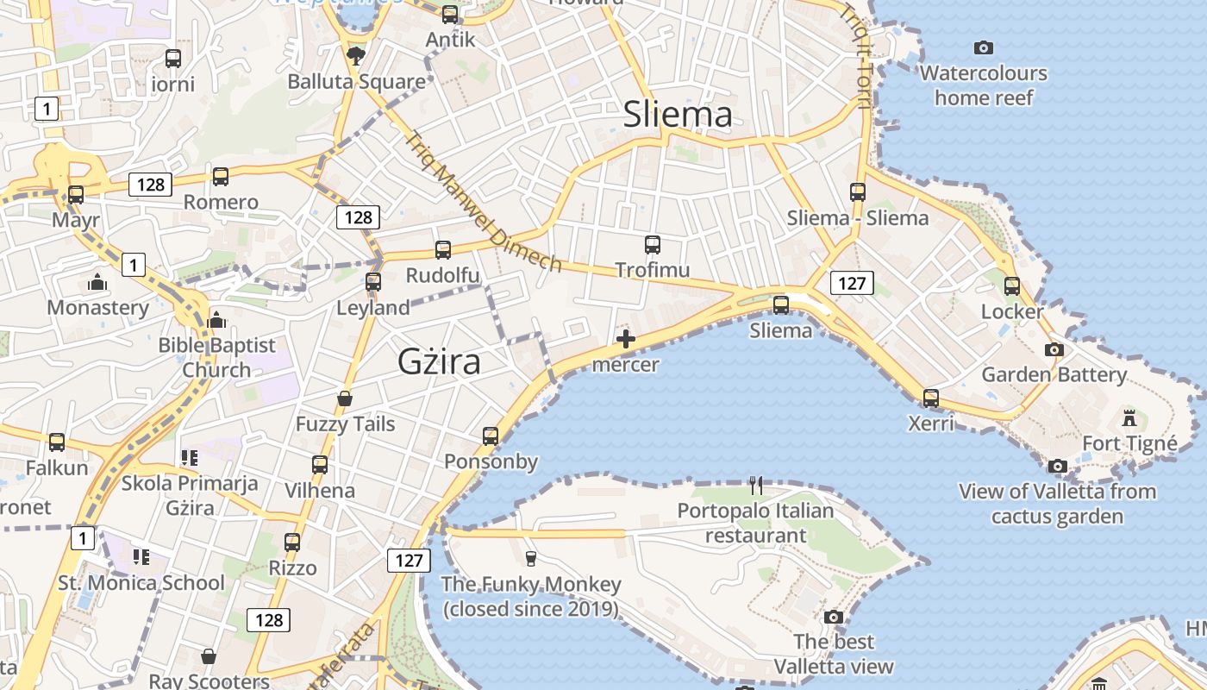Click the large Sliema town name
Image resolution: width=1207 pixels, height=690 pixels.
click(678, 115)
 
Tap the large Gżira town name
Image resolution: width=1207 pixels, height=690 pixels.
click(439, 362)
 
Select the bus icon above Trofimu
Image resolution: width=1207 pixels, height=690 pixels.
click(653, 245)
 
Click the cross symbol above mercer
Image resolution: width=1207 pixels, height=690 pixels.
click(626, 340)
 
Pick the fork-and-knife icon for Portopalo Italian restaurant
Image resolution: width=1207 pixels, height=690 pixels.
click(756, 485)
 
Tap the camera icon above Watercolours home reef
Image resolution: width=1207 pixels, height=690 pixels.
click(983, 48)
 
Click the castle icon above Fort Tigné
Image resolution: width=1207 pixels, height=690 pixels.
click(1129, 419)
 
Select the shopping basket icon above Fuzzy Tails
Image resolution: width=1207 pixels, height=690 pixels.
click(345, 398)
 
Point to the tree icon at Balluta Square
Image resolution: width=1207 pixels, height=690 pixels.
click(355, 56)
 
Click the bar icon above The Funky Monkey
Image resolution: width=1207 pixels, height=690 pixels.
click(530, 559)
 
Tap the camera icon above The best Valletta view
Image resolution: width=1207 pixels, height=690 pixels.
click(833, 617)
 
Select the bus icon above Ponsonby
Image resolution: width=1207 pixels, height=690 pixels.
click(491, 436)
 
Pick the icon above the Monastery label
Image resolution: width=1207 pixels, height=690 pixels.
click(97, 282)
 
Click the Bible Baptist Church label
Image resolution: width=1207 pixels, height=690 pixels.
click(216, 357)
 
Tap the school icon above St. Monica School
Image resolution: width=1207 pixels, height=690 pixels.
click(141, 557)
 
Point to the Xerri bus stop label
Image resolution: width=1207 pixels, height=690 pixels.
click(931, 423)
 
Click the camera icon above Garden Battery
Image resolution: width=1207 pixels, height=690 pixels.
click(1054, 349)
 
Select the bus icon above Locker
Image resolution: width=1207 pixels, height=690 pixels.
click(1012, 285)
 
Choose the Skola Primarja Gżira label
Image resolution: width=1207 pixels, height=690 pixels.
click(190, 495)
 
